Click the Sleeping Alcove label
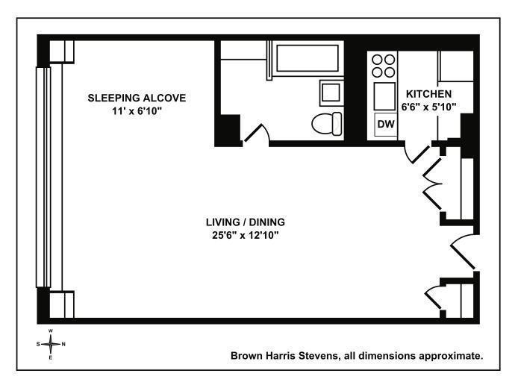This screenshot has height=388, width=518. [137, 98]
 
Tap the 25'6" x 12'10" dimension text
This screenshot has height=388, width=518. [246, 236]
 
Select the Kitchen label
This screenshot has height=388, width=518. [428, 94]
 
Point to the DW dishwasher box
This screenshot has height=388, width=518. [386, 125]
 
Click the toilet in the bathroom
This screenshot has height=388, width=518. [327, 124]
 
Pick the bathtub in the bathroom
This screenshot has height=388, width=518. [308, 58]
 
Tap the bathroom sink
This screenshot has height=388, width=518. [331, 93]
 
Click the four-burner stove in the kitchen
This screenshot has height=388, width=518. [383, 66]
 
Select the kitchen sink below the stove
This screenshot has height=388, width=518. [384, 96]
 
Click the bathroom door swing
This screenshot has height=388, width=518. [257, 133]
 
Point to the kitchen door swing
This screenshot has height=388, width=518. [417, 152]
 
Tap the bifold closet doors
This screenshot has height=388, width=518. [432, 184]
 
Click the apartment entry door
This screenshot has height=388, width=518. [464, 251]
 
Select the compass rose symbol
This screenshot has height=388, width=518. [51, 344]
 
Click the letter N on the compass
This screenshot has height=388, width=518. [63, 344]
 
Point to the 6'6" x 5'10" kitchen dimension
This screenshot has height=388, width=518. [428, 107]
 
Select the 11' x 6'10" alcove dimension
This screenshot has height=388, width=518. [137, 111]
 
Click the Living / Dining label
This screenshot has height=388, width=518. [246, 222]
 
